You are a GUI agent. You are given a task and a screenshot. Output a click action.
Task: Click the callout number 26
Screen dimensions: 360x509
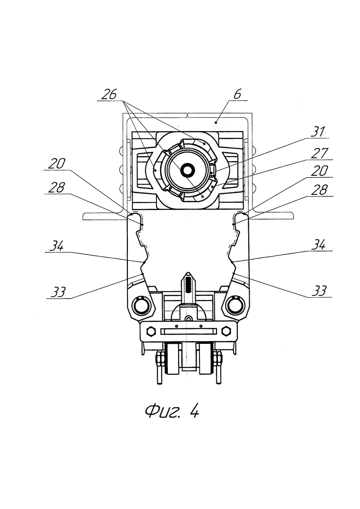pos(109,94)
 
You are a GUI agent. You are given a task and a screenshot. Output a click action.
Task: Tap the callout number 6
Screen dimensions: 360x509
pos(238,94)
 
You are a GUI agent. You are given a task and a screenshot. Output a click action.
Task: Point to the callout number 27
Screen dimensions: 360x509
pos(319,153)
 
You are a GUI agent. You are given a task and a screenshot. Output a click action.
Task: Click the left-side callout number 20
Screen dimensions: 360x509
pos(56,164)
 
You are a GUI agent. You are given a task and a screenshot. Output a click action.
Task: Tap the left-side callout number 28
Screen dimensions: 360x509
pos(56,188)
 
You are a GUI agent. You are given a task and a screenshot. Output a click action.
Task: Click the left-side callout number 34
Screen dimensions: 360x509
pos(56,246)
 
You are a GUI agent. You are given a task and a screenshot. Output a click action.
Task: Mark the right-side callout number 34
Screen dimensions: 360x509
pos(318,245)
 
